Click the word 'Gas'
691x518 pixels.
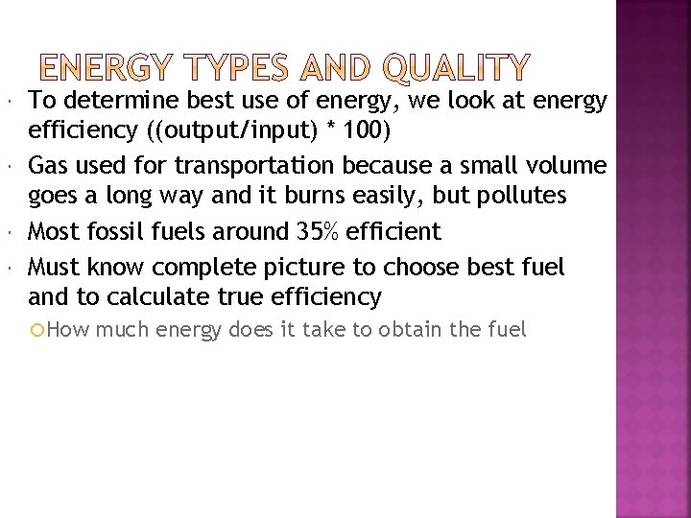pyautogui.click(x=48, y=167)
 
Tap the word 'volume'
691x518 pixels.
pyautogui.click(x=566, y=167)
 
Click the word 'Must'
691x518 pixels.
pyautogui.click(x=52, y=264)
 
